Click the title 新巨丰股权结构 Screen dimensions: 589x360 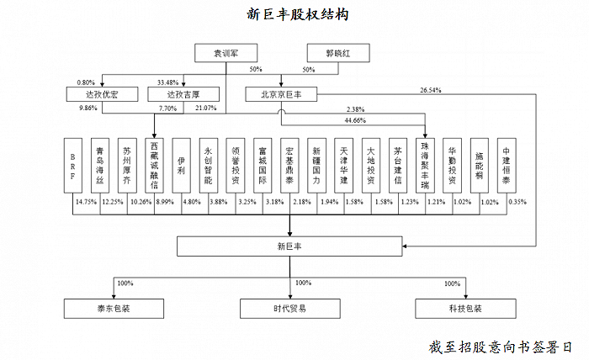[x=298, y=14]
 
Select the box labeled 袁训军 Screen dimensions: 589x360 [x=226, y=53]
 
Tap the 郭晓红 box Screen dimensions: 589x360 [x=338, y=53]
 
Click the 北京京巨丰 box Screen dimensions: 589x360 [x=281, y=94]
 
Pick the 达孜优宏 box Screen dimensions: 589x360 [x=102, y=94]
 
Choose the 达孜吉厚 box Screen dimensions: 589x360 [x=183, y=94]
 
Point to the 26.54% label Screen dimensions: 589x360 [x=431, y=90]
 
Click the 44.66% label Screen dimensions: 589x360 [x=355, y=120]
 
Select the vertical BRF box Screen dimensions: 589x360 [x=73, y=166]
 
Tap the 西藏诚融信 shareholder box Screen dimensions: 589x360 [x=154, y=166]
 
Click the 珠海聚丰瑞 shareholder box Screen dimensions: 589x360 [x=425, y=166]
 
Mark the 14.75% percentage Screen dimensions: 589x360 [x=86, y=202]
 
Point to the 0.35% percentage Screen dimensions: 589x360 [x=517, y=202]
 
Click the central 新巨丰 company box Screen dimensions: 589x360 [x=289, y=246]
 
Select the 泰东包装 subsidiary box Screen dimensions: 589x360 [x=114, y=309]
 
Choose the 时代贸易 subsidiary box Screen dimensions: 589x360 [x=290, y=309]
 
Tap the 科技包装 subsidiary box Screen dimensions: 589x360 [x=465, y=309]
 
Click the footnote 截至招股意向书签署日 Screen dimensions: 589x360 [x=500, y=347]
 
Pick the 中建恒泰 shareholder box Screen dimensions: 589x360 [x=507, y=166]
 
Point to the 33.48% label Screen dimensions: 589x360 [x=167, y=82]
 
